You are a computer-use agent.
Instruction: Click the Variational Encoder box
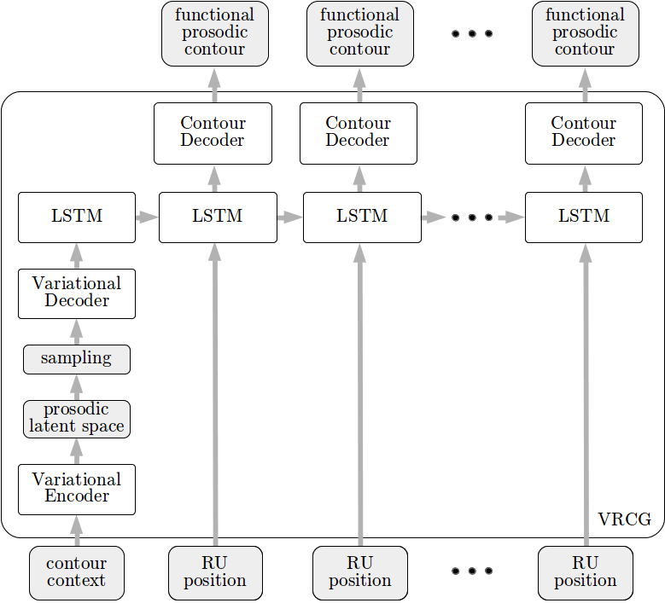pyautogui.click(x=77, y=490)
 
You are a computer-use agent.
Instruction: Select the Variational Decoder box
pyautogui.click(x=77, y=293)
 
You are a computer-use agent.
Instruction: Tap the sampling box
pyautogui.click(x=77, y=359)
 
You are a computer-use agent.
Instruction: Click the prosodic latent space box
pyautogui.click(x=77, y=419)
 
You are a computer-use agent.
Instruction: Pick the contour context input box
pyautogui.click(x=77, y=573)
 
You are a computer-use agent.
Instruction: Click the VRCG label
pyautogui.click(x=624, y=519)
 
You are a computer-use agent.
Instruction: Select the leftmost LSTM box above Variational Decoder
pyautogui.click(x=77, y=217)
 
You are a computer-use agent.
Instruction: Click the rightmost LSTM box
pyautogui.click(x=584, y=217)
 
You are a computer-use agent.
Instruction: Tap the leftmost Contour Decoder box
pyautogui.click(x=213, y=134)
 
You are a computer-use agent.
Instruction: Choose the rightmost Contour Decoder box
pyautogui.click(x=584, y=134)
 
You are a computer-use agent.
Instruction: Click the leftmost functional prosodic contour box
pyautogui.click(x=215, y=33)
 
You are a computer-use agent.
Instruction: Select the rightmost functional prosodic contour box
pyautogui.click(x=586, y=33)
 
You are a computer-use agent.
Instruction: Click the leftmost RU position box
pyautogui.click(x=215, y=573)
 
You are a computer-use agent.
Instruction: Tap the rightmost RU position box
pyautogui.click(x=586, y=573)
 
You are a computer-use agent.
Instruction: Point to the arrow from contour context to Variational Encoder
pyautogui.click(x=77, y=531)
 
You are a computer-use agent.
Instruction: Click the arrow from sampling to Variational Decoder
pyautogui.click(x=77, y=332)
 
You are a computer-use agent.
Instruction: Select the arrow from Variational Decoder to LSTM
pyautogui.click(x=77, y=256)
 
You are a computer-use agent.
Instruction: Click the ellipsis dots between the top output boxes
pyautogui.click(x=472, y=33)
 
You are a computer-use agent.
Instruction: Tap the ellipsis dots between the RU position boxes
pyautogui.click(x=472, y=571)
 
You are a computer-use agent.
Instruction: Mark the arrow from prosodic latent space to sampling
pyautogui.click(x=77, y=387)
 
